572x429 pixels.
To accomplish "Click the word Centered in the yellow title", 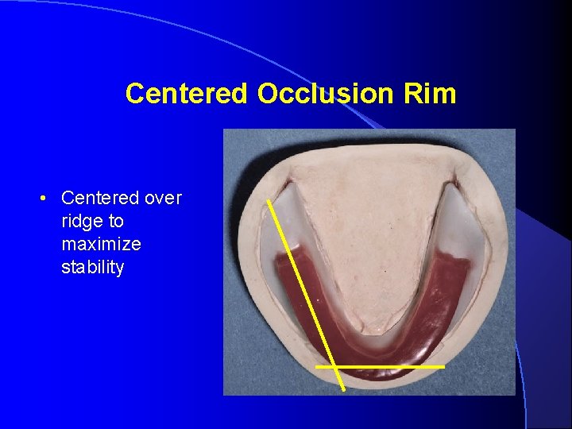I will click(187, 94).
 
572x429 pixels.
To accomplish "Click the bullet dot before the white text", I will click(49, 198).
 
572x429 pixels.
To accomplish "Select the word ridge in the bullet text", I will click(79, 221).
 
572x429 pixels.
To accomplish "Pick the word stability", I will click(92, 267).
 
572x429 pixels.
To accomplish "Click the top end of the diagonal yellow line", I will click(269, 201).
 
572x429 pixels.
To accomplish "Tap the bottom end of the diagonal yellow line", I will click(343, 389).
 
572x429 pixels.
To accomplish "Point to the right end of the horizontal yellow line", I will click(443, 367).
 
